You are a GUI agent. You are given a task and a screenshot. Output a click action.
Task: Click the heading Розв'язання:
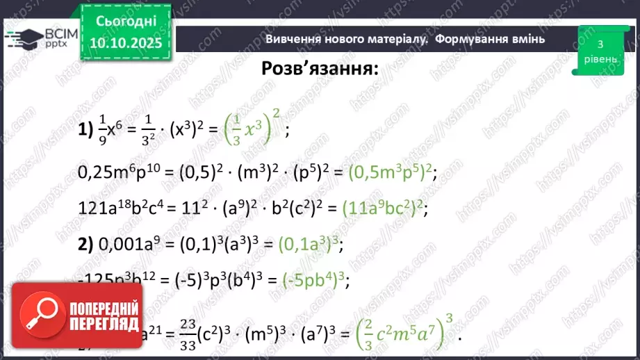[320, 69]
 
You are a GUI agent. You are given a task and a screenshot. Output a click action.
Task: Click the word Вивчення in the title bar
[293, 39]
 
